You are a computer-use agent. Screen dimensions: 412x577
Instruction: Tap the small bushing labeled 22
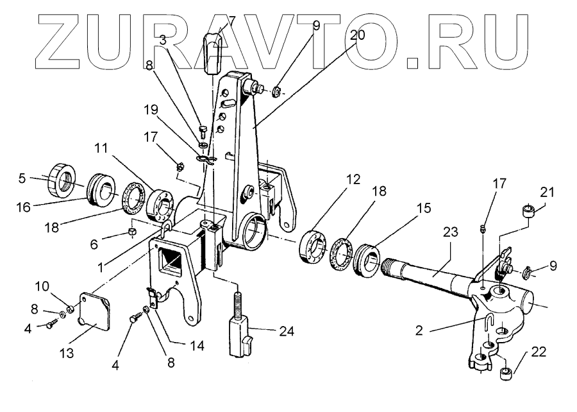click(506, 372)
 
